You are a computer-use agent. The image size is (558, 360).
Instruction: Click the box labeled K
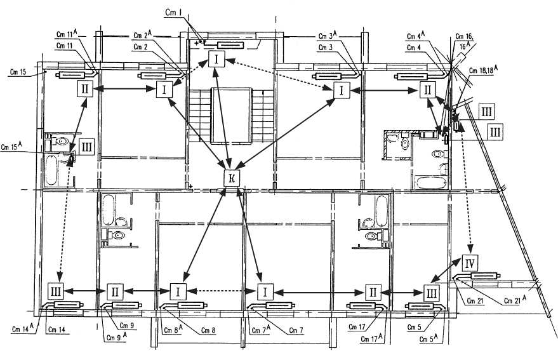click(x=232, y=179)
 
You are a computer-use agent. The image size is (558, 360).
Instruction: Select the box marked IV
click(x=470, y=262)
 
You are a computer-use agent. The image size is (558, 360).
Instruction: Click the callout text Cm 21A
click(x=515, y=300)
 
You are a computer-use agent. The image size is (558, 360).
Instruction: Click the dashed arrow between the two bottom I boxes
click(x=222, y=291)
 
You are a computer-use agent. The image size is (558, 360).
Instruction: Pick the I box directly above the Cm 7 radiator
click(x=263, y=291)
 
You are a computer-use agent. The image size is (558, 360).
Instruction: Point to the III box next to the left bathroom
click(x=87, y=147)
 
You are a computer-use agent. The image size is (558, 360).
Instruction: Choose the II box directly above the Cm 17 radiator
click(x=373, y=292)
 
